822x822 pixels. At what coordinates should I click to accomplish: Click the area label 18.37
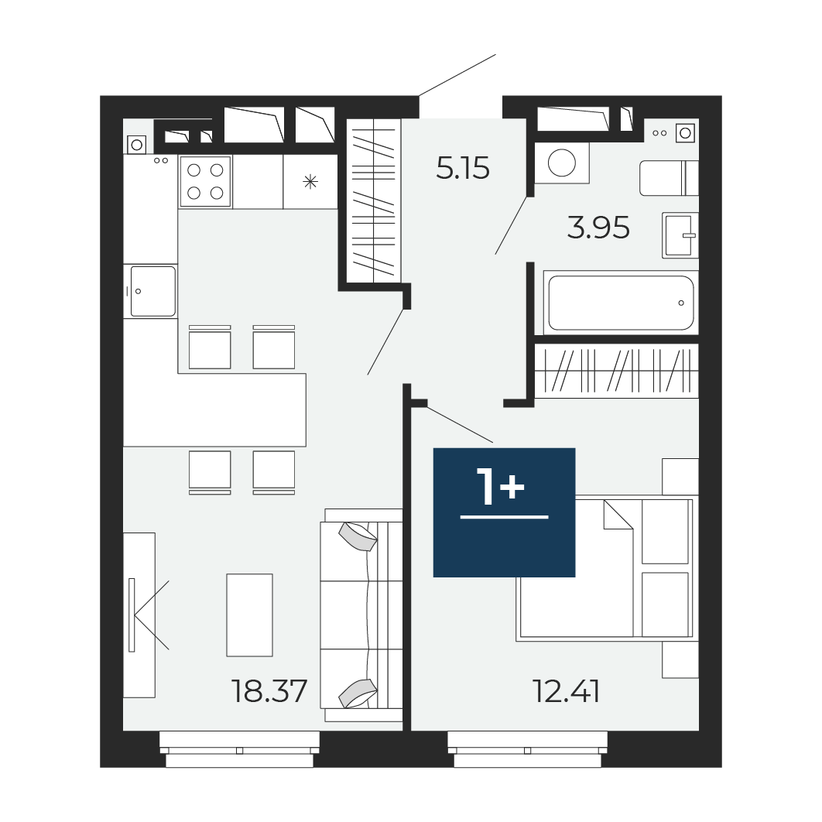tap(269, 691)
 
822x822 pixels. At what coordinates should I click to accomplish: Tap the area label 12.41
tap(566, 691)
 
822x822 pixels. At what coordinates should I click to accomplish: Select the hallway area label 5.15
tap(463, 168)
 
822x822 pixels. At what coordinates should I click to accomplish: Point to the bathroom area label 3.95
tap(598, 228)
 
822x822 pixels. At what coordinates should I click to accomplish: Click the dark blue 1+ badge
tap(505, 512)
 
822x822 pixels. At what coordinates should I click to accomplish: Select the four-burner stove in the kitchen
tap(206, 181)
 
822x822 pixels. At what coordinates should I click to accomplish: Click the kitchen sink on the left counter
tap(152, 291)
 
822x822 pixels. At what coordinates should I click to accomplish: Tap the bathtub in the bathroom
tap(621, 303)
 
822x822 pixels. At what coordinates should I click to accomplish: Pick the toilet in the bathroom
tap(669, 178)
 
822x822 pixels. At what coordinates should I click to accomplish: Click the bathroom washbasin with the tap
tap(680, 235)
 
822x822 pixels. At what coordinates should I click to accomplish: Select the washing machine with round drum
tap(562, 163)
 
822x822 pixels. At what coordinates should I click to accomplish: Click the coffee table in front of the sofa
tap(249, 615)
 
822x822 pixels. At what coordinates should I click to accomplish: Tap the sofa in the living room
tap(361, 615)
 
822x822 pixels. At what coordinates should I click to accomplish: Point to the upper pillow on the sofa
tap(358, 537)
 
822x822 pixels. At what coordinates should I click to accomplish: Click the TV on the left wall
tap(132, 615)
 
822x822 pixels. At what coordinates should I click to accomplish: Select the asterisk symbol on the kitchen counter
tap(310, 182)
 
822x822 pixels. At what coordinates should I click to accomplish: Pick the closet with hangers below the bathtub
tap(616, 371)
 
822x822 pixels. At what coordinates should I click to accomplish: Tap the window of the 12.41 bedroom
tap(527, 750)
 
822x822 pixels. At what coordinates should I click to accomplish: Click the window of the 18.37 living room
tap(240, 750)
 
